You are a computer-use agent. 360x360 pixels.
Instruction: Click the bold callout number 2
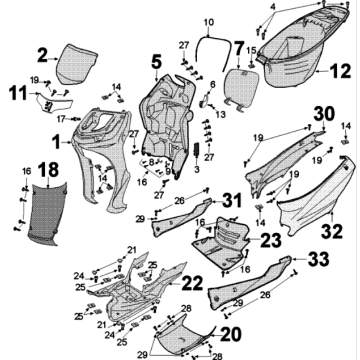43,55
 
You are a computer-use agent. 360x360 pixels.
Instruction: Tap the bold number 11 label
17,96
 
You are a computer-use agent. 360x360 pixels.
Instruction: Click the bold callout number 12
340,71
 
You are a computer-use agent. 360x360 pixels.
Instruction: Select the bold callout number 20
230,332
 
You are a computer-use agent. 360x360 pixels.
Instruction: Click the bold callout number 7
238,47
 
